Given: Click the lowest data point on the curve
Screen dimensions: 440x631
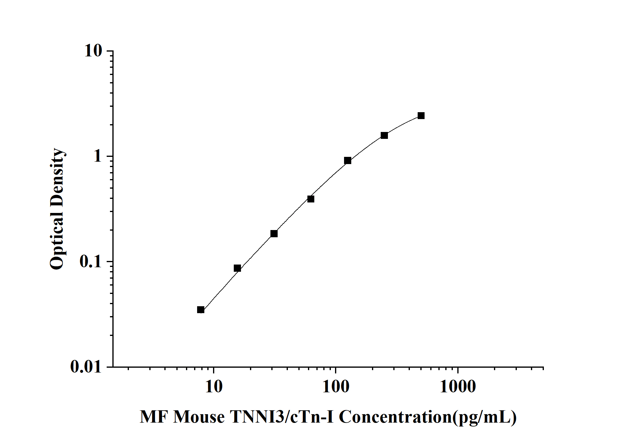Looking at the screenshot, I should [201, 310].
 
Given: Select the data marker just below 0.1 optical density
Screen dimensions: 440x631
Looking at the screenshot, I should [237, 268].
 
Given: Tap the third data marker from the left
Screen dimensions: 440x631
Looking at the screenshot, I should [274, 234].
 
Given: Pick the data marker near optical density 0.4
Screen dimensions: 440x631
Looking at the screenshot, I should [311, 199].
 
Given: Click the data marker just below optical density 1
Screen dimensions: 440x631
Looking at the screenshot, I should [348, 160].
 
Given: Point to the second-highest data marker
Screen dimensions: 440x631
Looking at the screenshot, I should [384, 135].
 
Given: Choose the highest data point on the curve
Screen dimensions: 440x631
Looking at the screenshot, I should [421, 116].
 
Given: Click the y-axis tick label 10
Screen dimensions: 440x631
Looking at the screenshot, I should [93, 51].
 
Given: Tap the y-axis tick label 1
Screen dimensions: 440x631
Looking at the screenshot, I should [98, 157].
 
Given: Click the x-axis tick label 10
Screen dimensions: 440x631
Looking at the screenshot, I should [214, 387].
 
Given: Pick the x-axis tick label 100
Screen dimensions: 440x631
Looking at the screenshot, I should [336, 387].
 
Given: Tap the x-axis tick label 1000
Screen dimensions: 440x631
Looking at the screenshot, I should [458, 387].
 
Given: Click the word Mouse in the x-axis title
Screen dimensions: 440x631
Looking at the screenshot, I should [199, 417].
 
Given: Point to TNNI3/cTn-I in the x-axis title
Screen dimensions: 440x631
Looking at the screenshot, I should [282, 417].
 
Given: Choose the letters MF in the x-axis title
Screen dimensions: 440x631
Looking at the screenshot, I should [152, 417].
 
